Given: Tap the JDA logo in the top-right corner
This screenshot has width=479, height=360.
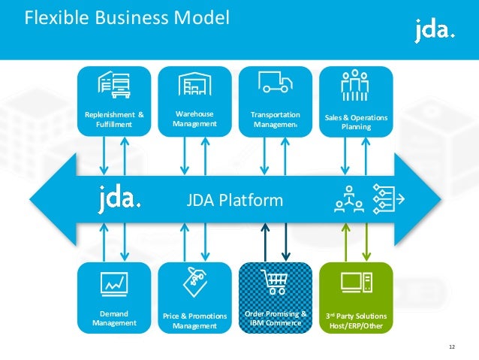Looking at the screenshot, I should pyautogui.click(x=434, y=31).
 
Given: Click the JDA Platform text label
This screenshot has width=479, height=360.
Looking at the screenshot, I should pyautogui.click(x=234, y=200).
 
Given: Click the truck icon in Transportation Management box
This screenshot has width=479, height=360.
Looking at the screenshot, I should pyautogui.click(x=276, y=82).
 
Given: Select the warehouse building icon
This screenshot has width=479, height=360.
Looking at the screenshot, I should pyautogui.click(x=194, y=83).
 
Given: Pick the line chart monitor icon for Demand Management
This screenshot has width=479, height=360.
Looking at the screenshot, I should pyautogui.click(x=114, y=283).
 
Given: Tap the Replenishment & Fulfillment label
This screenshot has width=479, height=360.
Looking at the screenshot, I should pyautogui.click(x=114, y=119).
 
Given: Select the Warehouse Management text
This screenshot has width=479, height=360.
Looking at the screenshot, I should pyautogui.click(x=194, y=119).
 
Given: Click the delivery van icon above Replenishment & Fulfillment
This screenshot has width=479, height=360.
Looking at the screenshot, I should pyautogui.click(x=114, y=83).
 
